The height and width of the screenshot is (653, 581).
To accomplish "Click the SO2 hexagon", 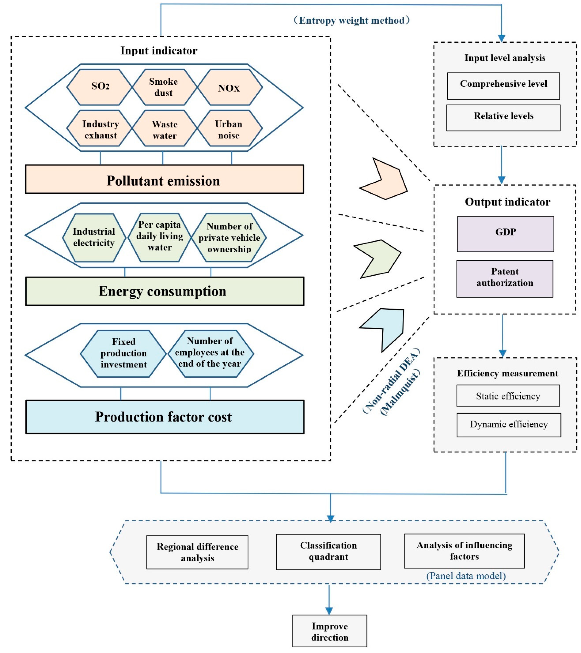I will [100, 87].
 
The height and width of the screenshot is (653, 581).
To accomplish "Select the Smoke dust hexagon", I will [164, 87].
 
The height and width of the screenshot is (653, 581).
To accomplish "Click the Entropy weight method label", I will [351, 20].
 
